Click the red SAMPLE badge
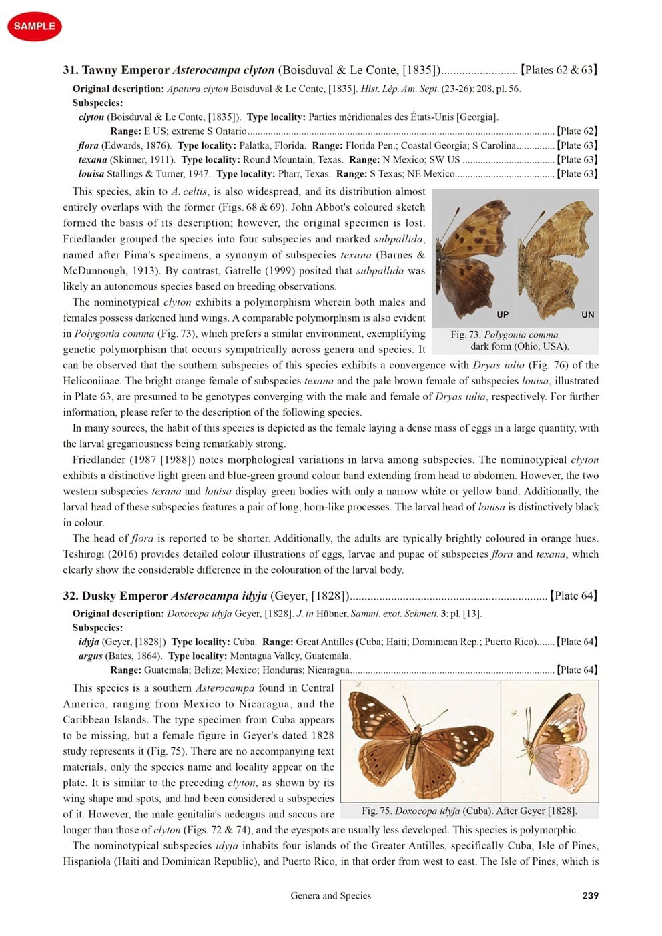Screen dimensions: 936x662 pos(34,26)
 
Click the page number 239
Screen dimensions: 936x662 pos(590,895)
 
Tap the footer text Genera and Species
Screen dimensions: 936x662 pos(330,895)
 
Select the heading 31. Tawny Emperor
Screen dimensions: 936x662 pos(116,70)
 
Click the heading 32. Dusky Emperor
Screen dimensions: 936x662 pos(116,596)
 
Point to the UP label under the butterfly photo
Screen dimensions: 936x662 pos(503,314)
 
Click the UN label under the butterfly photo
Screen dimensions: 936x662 pos(587,314)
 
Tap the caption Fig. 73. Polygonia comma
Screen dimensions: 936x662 pos(505,335)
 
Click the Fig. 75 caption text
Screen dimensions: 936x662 pos(469,811)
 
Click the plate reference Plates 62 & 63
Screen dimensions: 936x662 pos(559,70)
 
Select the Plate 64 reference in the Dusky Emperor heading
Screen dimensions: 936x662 pos(573,596)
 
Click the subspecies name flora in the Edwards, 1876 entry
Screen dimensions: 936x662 pos(88,145)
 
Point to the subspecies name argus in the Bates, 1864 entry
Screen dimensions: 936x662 pos(91,656)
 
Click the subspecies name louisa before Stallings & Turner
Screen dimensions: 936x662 pos(91,174)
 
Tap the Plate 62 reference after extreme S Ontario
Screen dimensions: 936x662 pos(577,131)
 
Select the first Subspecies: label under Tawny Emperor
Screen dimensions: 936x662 pos(97,103)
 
